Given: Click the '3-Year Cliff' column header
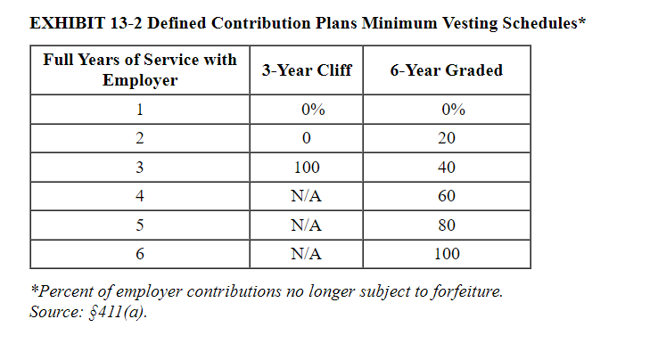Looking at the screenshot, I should point(307,70).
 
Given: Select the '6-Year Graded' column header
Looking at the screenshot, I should point(447,70).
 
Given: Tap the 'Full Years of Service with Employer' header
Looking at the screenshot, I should point(140,70).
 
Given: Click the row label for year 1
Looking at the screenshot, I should point(140,110).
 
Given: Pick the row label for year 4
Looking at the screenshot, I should point(140,196).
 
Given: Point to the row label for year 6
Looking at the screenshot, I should point(140,254).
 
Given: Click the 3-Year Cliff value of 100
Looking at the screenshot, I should point(307,168).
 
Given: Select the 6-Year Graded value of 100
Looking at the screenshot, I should point(447,254).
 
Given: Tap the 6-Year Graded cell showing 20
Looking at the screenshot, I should point(447,138).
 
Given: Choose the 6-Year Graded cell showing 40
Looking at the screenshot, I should point(447,168).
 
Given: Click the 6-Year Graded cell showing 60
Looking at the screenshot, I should point(447,196).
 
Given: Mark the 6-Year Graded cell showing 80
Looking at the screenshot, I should point(447,225).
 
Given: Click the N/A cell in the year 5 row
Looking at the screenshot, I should point(307,225).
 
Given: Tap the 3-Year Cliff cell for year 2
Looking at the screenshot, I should point(307,138).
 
